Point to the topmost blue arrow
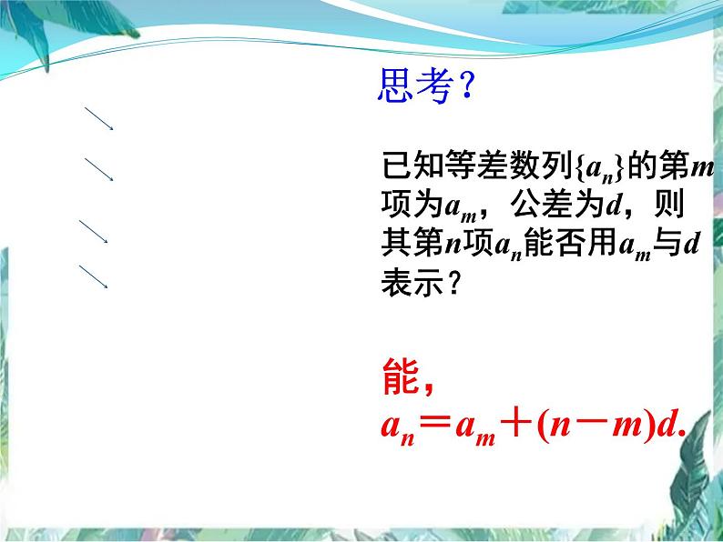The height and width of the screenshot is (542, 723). [98, 118]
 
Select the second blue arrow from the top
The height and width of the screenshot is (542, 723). [98, 168]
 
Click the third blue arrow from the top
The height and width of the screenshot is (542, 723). [94, 231]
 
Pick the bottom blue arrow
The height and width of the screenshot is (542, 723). [94, 276]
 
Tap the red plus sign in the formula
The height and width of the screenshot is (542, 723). [515, 425]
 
